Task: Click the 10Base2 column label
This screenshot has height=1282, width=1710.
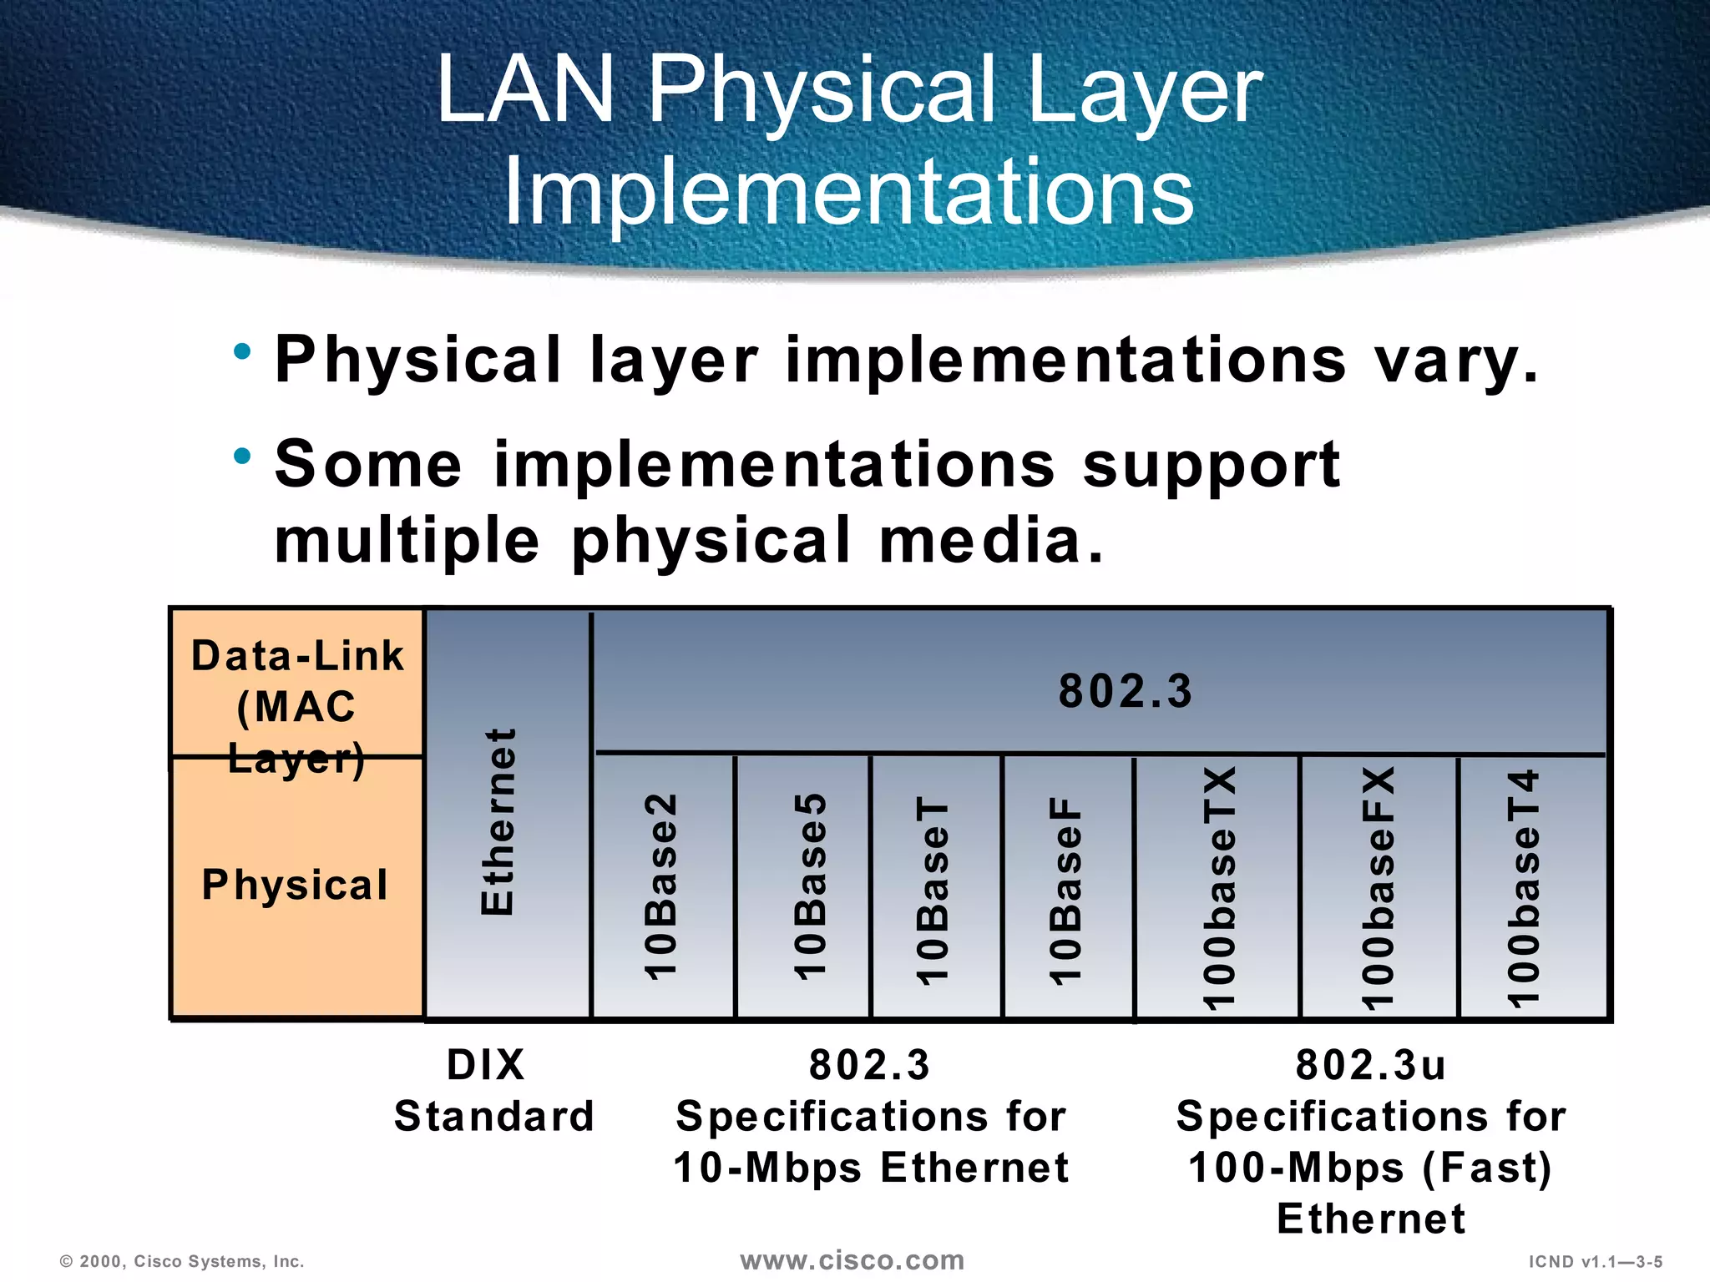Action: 661,886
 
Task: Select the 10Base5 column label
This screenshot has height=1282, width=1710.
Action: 810,886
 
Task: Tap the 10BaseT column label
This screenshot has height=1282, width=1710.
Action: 933,890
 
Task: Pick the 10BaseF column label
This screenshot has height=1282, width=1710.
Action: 1065,890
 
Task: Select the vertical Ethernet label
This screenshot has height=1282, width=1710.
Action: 498,822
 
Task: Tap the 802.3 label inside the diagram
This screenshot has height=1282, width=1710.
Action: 1126,691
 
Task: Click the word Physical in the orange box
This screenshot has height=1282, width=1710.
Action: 296,885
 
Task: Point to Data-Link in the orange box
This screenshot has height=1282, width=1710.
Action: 297,656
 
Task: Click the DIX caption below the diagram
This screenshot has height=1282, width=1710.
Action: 486,1066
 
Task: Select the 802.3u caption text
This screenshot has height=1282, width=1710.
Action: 1370,1066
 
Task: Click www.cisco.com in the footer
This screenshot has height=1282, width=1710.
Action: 852,1260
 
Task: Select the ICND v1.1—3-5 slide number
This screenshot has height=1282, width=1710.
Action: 1596,1262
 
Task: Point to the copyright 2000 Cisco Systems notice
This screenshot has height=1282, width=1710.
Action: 182,1262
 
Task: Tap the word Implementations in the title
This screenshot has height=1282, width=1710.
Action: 849,192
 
